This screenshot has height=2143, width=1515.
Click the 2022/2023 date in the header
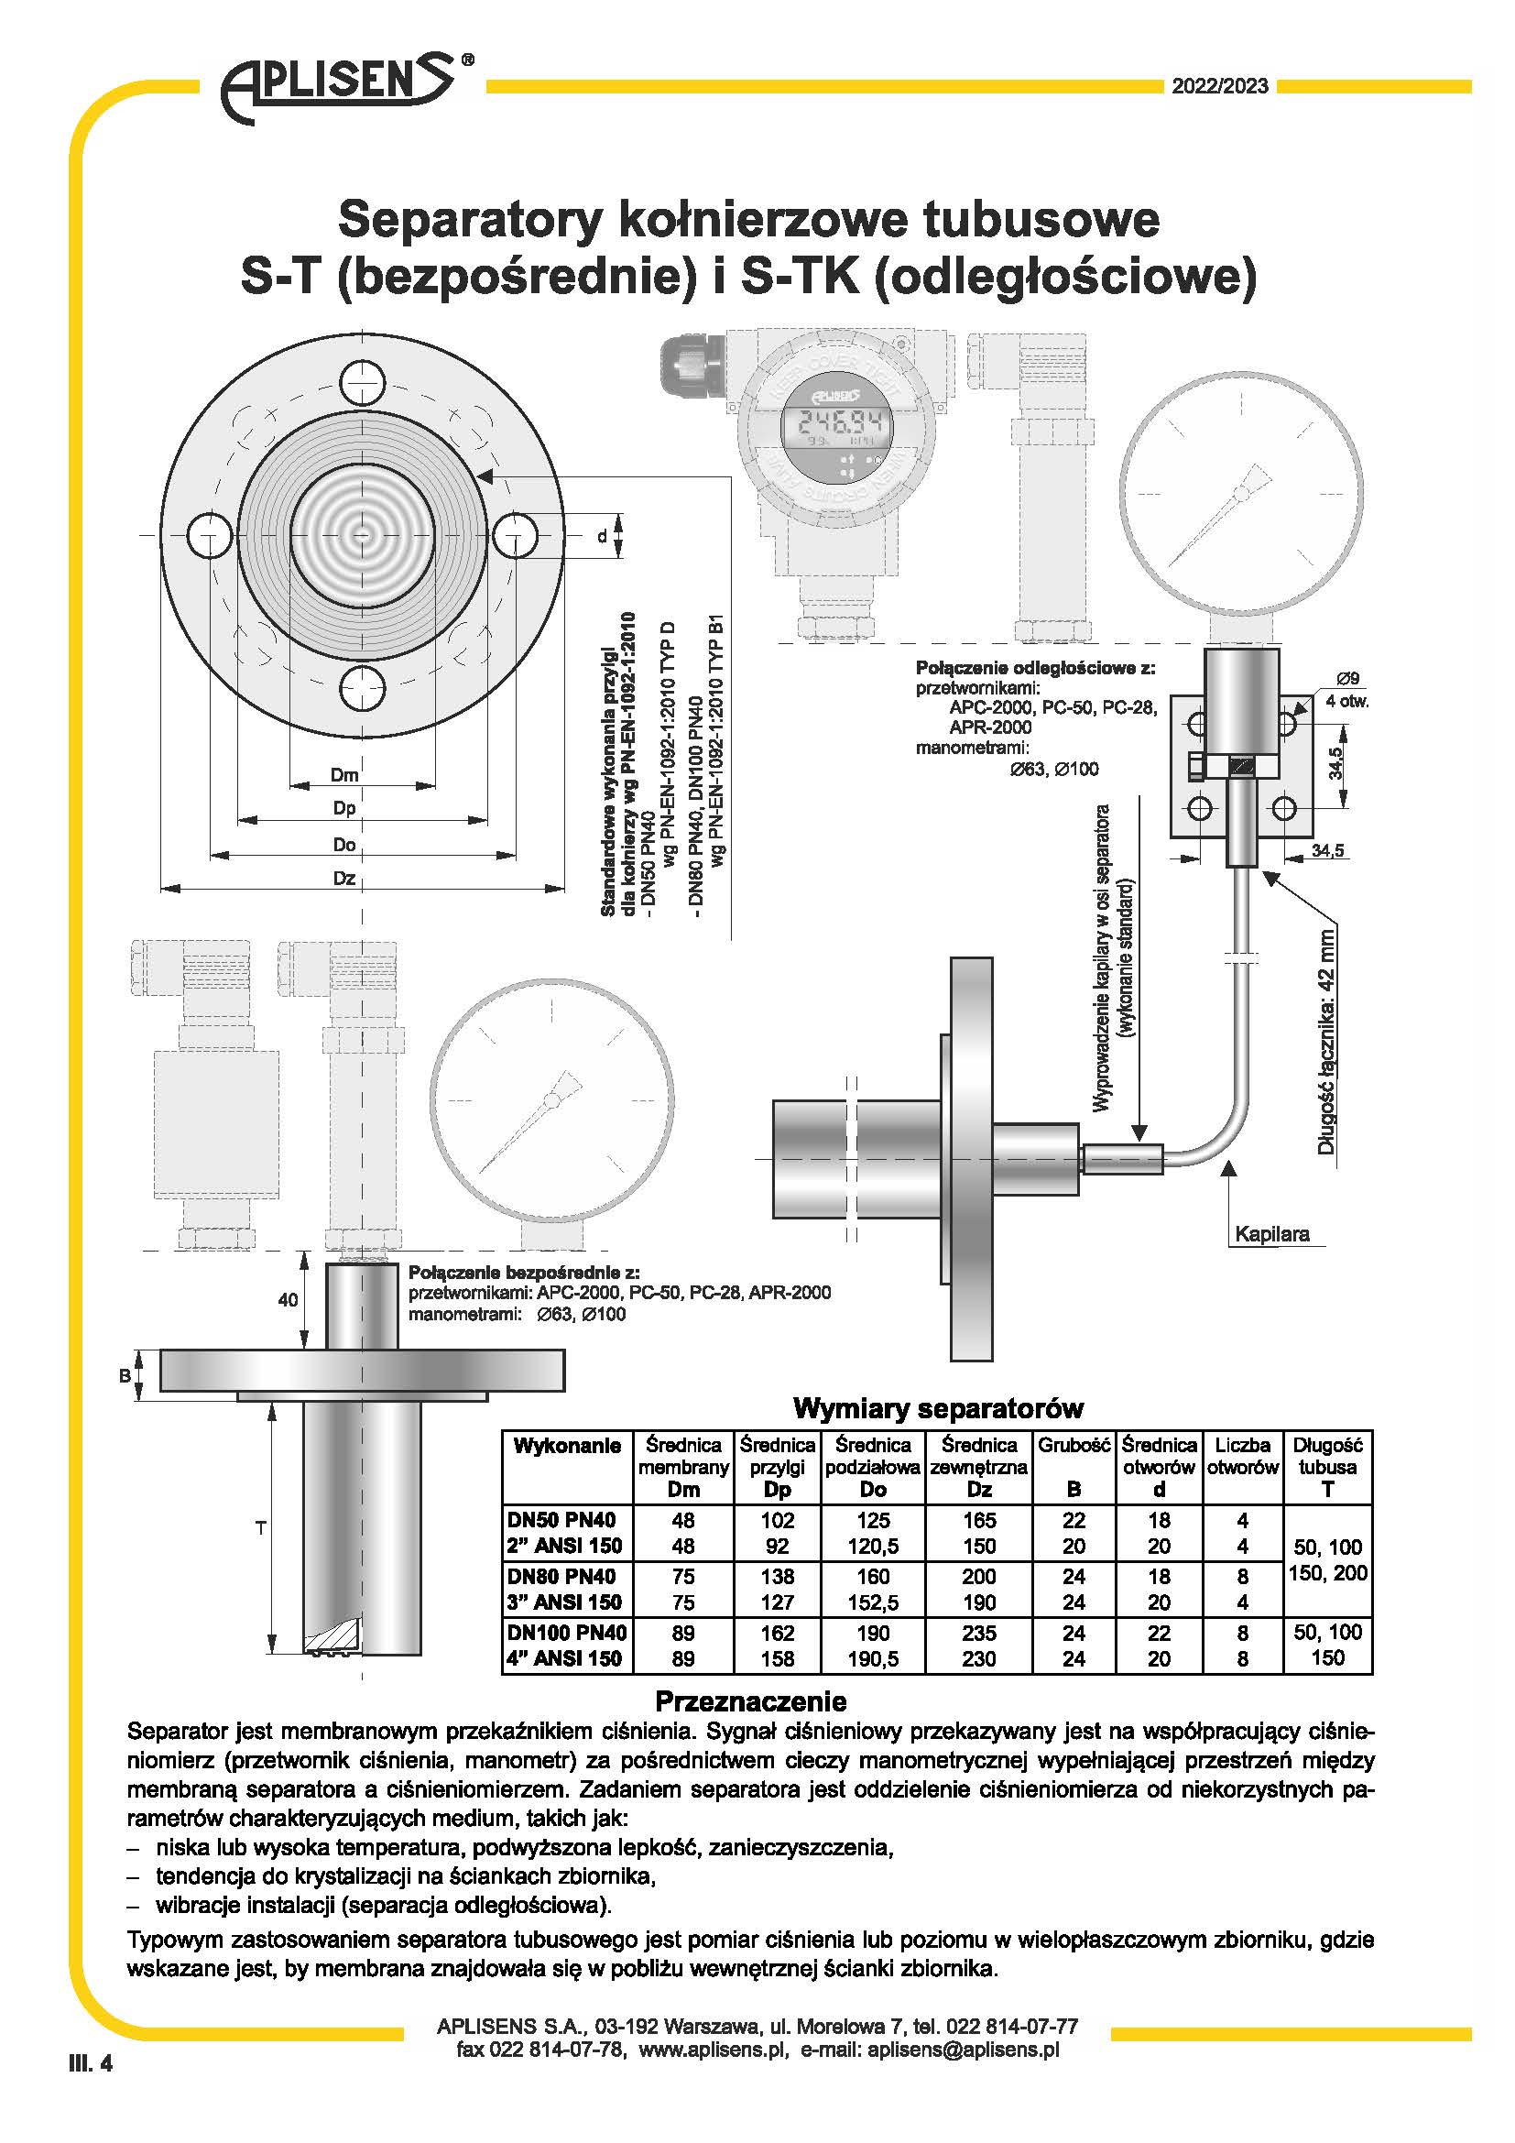pos(1219,87)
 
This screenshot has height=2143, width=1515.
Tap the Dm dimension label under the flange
pos(344,775)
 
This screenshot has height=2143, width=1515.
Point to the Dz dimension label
pos(344,879)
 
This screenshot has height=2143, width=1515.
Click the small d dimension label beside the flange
pos(602,536)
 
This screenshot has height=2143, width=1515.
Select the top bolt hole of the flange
pos(361,383)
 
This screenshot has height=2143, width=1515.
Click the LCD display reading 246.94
pos(834,425)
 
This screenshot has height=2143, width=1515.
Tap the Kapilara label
pos(1271,1234)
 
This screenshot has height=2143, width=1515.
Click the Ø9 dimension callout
pos(1347,679)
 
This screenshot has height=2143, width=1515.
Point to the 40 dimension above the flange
pos(288,1300)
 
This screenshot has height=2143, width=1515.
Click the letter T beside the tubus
pos(260,1528)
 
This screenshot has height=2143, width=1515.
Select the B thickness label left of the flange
pos(124,1375)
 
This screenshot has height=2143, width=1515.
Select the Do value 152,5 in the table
pos(872,1602)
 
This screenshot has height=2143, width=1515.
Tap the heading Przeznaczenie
pos(750,1700)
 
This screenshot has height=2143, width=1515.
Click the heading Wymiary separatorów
pos(938,1407)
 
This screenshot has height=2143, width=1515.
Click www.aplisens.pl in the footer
pos(711,2050)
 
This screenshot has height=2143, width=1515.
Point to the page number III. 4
pos(91,2062)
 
